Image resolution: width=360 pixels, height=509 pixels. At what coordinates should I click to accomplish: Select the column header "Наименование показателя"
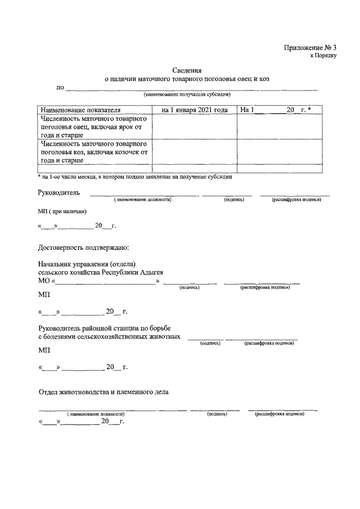pyautogui.click(x=79, y=110)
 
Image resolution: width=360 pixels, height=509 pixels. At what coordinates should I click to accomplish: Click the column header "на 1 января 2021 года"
pyautogui.click(x=195, y=110)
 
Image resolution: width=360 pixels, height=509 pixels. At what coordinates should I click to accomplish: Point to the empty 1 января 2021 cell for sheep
pyautogui.click(x=195, y=127)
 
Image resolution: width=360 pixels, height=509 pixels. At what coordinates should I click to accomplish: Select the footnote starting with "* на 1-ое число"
pyautogui.click(x=135, y=177)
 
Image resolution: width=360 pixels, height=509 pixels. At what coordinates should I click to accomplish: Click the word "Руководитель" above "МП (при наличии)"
pyautogui.click(x=58, y=192)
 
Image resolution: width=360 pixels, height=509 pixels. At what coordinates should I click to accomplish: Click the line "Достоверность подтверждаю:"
pyautogui.click(x=83, y=247)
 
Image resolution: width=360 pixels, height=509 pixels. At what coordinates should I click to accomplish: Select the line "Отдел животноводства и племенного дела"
pyautogui.click(x=103, y=391)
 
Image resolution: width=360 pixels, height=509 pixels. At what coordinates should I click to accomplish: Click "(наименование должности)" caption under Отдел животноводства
pyautogui.click(x=96, y=414)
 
